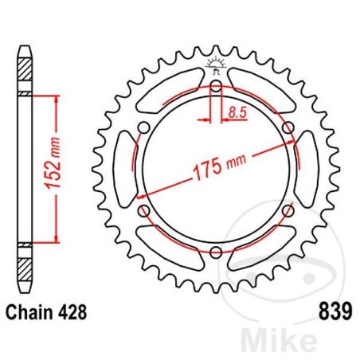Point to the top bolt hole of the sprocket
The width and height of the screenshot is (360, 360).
[216, 85]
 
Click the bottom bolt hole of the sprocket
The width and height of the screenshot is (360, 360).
[216, 252]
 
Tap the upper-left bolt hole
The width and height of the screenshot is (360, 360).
[143, 127]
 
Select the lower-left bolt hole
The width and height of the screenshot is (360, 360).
[143, 211]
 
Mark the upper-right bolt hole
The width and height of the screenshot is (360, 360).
[288, 127]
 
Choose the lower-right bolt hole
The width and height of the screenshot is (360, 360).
[288, 211]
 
